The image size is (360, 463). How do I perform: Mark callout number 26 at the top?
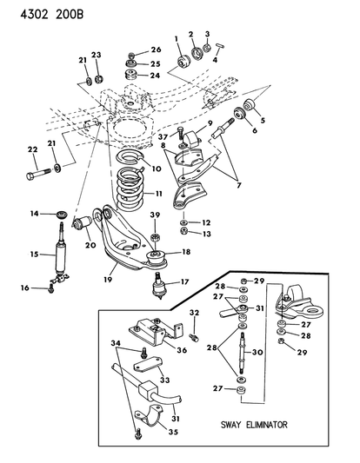pos(157,50)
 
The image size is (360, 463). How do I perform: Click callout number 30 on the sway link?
pos(257,353)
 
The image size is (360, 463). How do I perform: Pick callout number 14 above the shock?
pos(36,213)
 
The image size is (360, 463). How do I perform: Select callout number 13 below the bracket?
pos(206,234)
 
